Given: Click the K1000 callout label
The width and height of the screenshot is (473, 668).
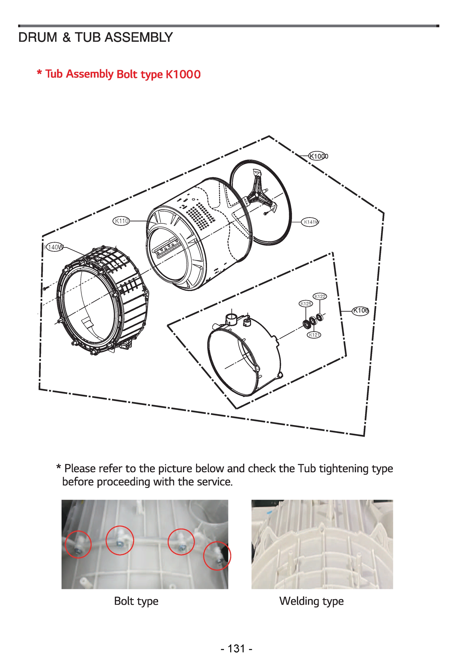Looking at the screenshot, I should pyautogui.click(x=318, y=156).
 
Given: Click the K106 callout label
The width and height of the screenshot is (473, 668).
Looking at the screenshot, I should pyautogui.click(x=361, y=311).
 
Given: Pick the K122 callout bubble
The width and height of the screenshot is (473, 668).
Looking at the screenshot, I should pyautogui.click(x=320, y=296).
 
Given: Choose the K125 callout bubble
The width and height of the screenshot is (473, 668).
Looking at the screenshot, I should pyautogui.click(x=306, y=304).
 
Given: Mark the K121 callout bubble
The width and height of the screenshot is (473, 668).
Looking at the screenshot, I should pyautogui.click(x=314, y=335).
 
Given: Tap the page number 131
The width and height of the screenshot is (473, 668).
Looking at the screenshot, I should pyautogui.click(x=236, y=649).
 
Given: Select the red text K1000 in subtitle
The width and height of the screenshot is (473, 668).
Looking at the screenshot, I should pyautogui.click(x=183, y=75).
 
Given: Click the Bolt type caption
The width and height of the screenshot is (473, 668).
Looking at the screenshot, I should pyautogui.click(x=136, y=601).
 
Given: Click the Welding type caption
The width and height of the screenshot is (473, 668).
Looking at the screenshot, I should pyautogui.click(x=311, y=601).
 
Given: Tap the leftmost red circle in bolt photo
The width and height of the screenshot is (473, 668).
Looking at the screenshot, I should pyautogui.click(x=78, y=544).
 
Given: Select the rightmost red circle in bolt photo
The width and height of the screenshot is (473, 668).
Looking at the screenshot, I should pyautogui.click(x=217, y=556).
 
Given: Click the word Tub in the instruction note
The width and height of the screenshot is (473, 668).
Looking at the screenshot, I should pyautogui.click(x=307, y=469).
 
